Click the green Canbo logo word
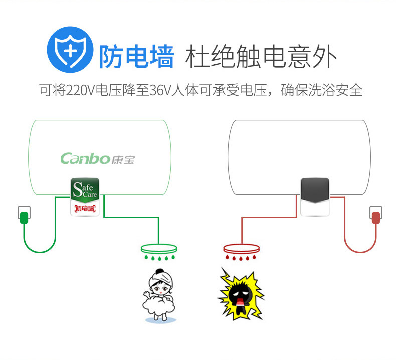[x=85, y=159]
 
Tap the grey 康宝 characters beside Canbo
[x=123, y=159]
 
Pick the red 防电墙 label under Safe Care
[x=85, y=209]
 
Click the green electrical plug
[x=24, y=218]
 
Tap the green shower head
[x=159, y=248]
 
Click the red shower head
[x=241, y=249]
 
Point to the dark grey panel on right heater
[x=314, y=190]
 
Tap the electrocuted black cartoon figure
[x=241, y=295]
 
